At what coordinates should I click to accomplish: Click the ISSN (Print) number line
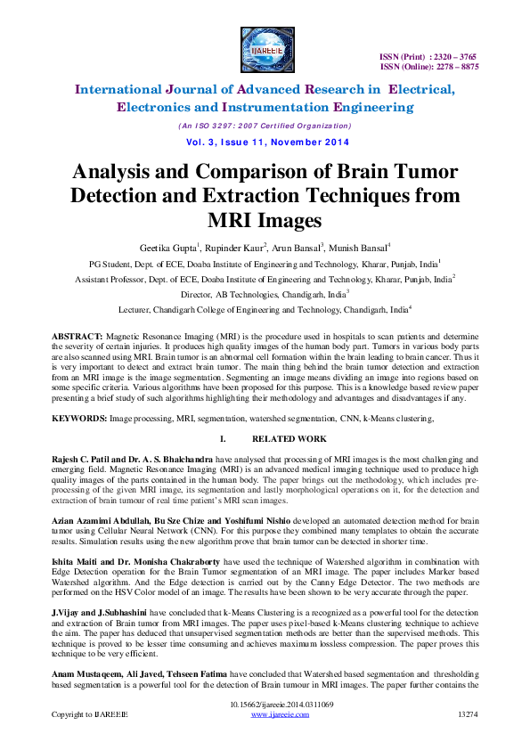(x=429, y=56)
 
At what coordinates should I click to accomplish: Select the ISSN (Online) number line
(x=429, y=67)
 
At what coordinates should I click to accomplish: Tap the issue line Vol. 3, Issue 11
(x=265, y=143)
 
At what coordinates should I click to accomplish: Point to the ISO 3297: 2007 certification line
(x=265, y=126)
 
